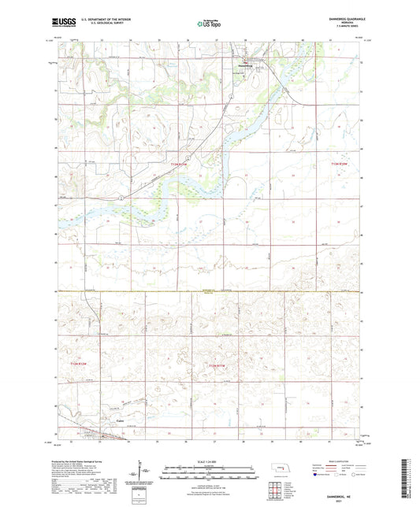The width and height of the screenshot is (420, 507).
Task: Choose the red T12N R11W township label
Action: pos(218,366)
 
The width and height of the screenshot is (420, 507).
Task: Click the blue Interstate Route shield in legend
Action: pos(317,475)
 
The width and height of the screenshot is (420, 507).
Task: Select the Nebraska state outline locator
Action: pos(281,472)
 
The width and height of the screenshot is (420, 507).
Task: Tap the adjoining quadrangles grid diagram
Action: pos(281,491)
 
